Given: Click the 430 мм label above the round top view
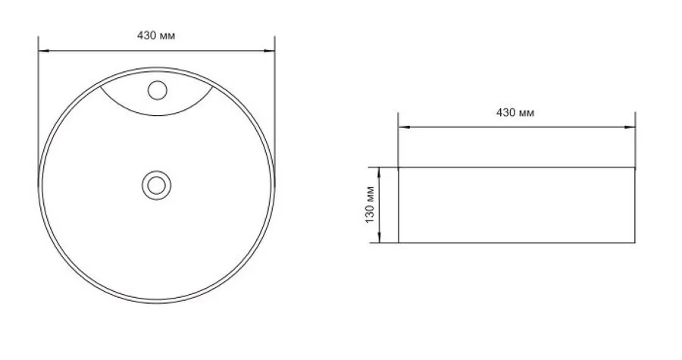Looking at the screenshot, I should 156,36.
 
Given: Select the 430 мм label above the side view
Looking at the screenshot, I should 515,112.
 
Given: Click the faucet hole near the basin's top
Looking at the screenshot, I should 157,91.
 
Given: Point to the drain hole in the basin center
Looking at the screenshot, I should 157,183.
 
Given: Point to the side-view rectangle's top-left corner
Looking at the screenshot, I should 399,167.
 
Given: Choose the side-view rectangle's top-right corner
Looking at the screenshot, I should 635,167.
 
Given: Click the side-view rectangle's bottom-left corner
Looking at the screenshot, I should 399,243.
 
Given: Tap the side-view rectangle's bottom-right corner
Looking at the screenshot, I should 635,243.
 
